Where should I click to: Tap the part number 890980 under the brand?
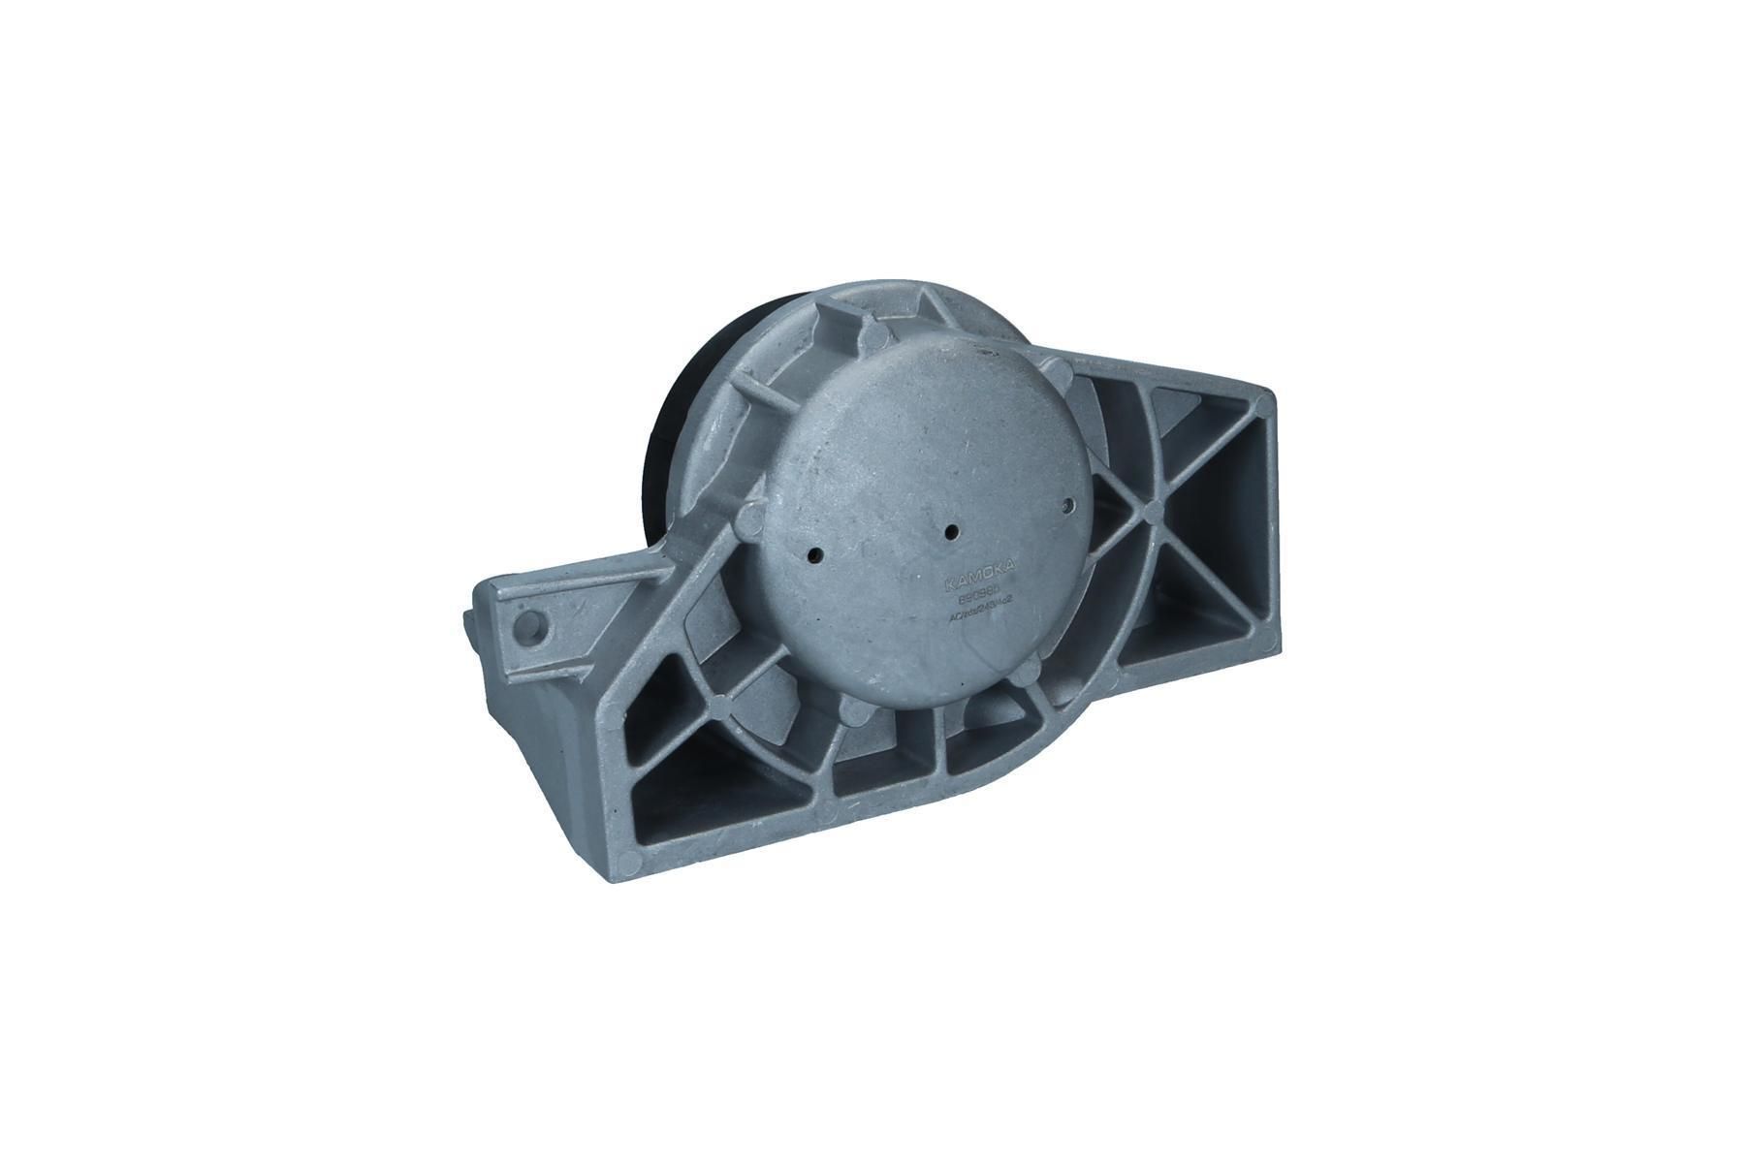pyautogui.click(x=981, y=602)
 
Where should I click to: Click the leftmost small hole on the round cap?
pyautogui.click(x=815, y=556)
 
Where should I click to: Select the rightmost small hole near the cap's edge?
pyautogui.click(x=1068, y=505)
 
